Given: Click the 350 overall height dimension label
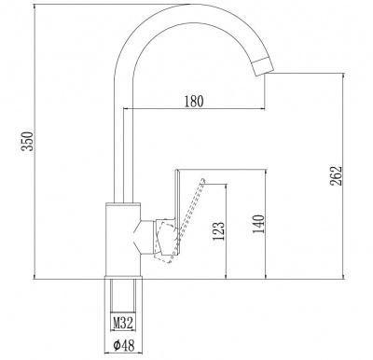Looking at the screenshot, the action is [28, 141].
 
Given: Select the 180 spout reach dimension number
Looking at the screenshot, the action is [194, 102].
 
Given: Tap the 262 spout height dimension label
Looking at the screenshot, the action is [336, 175].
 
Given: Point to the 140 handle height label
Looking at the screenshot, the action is [259, 224].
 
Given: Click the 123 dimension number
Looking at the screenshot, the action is [218, 231].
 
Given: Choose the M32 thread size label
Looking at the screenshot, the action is [123, 323].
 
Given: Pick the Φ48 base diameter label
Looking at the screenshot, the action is [124, 345].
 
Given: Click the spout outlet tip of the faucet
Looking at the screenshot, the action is [263, 66].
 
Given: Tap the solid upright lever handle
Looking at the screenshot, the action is [177, 213].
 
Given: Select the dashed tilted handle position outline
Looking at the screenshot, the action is [180, 222].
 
